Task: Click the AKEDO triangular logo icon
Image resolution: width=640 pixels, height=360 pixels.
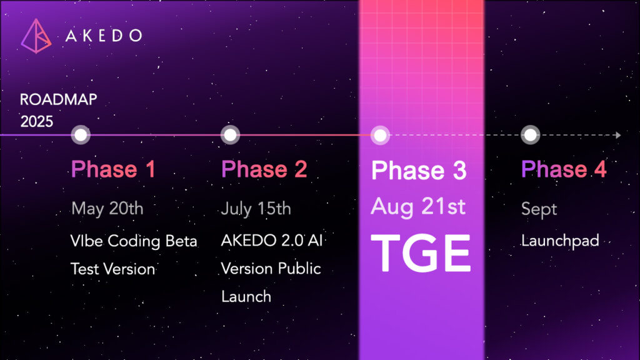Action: point(36,36)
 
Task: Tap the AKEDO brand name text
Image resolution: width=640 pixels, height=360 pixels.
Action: point(104,36)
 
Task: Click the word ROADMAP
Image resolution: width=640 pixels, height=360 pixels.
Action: point(59,99)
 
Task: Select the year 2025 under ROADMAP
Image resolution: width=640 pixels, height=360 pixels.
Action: point(37,122)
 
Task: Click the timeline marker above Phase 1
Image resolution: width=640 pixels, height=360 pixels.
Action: point(81,135)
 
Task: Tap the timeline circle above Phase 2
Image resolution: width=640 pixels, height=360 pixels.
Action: point(230,135)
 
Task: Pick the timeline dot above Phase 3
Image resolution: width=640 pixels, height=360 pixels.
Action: point(380,135)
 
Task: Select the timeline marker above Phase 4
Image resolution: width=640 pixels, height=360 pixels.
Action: point(530,135)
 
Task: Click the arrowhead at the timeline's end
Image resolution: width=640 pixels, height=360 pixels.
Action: point(618,135)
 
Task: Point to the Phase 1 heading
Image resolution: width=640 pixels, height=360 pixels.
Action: point(114,169)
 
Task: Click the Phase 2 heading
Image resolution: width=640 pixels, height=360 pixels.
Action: point(264,169)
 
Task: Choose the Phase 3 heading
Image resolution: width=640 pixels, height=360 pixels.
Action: point(419,170)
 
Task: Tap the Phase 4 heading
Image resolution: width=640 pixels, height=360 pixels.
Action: point(564,169)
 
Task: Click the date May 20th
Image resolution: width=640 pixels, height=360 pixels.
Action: point(107,209)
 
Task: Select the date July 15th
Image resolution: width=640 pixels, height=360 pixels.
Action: point(256,209)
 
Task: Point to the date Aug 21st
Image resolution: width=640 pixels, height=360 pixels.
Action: point(418,206)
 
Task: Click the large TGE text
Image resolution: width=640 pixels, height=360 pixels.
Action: point(421,254)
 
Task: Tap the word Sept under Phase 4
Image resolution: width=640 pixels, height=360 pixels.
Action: point(539,209)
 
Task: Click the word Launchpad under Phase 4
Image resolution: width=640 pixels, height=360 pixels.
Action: point(560,241)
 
